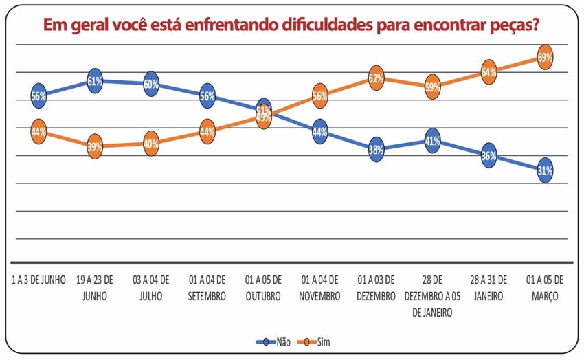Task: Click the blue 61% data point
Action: tap(95, 81)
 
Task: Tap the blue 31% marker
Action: tap(546, 171)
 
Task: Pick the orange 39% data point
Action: tap(95, 146)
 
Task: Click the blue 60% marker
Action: tap(151, 85)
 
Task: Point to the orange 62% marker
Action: tap(376, 78)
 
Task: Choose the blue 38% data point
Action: tap(376, 148)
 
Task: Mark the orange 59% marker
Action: tap(432, 87)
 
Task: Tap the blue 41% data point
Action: tap(432, 140)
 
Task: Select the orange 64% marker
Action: tap(488, 71)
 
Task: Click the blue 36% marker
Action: tap(488, 156)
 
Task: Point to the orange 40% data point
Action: tap(151, 144)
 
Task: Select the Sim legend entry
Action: tap(320, 341)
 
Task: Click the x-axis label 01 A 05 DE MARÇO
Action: tap(545, 288)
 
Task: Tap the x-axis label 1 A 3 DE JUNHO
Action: tap(39, 280)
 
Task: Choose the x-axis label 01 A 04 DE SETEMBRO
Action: tap(207, 288)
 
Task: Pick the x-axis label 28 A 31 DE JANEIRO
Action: tap(488, 288)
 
